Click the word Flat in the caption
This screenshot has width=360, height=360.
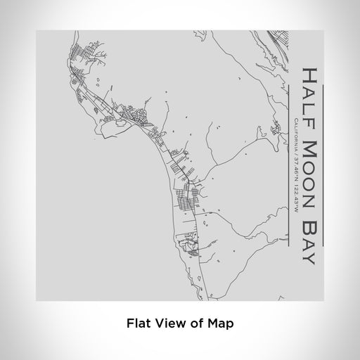click(139, 324)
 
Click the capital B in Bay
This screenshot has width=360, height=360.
click(310, 217)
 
